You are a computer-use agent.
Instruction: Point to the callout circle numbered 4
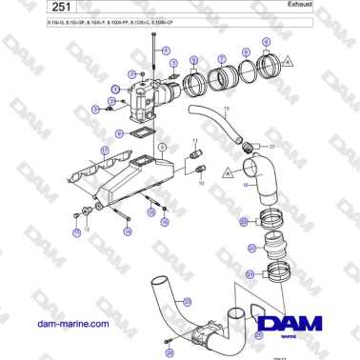(x=165, y=50)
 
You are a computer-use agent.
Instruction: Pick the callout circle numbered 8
(x=265, y=43)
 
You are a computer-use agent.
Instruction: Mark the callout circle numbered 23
(x=186, y=302)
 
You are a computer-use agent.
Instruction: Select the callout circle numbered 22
(x=251, y=249)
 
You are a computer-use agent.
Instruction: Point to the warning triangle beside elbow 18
(x=229, y=173)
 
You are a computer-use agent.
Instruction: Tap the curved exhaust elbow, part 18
(x=257, y=181)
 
